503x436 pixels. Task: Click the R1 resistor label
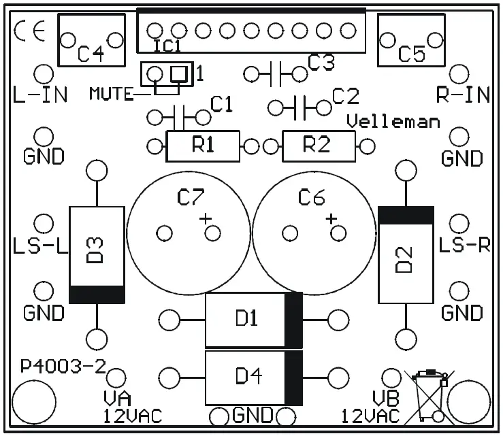(203, 146)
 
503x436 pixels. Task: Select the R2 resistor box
(319, 146)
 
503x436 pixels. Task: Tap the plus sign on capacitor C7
(206, 218)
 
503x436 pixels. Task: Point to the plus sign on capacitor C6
(331, 218)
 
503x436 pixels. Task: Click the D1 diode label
(246, 318)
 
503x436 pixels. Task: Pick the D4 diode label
(246, 375)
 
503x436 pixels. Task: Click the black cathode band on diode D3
(97, 295)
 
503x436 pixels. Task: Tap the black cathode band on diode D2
(406, 216)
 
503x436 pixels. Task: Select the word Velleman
(393, 122)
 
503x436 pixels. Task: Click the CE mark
(29, 32)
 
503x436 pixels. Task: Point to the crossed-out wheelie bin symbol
(426, 395)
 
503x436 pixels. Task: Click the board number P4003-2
(63, 367)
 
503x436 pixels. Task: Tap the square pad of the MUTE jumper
(178, 73)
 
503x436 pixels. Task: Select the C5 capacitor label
(411, 53)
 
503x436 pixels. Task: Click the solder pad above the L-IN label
(44, 73)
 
